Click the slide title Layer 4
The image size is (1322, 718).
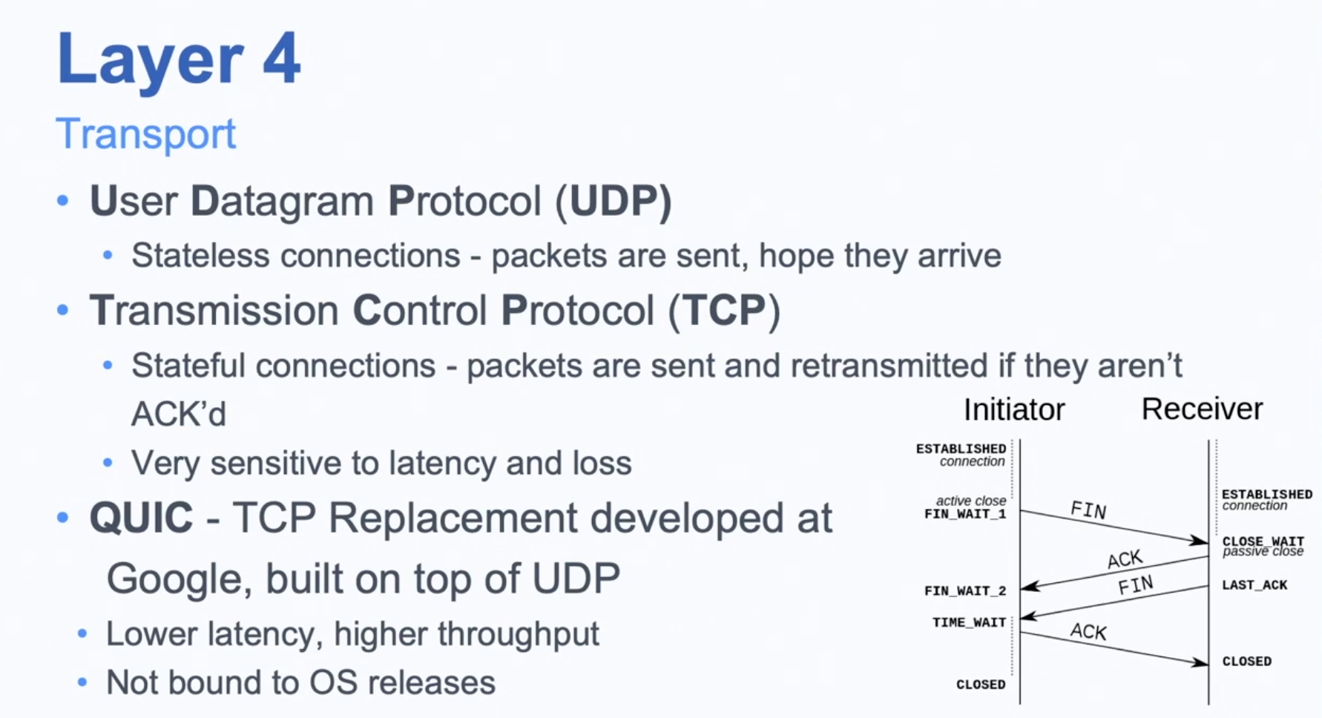179,59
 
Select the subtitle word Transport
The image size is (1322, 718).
145,134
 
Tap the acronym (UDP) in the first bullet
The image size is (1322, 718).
614,200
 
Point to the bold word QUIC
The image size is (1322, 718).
141,518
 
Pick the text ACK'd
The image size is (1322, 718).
179,414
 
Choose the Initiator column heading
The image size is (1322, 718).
1014,409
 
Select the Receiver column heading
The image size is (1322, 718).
1202,409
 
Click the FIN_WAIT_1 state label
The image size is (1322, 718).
965,514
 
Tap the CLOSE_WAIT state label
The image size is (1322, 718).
1263,541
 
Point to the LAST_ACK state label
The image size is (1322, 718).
1254,585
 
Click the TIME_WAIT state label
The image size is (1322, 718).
969,622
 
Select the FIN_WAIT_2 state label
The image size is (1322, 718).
965,591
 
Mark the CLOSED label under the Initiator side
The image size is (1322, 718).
981,685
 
